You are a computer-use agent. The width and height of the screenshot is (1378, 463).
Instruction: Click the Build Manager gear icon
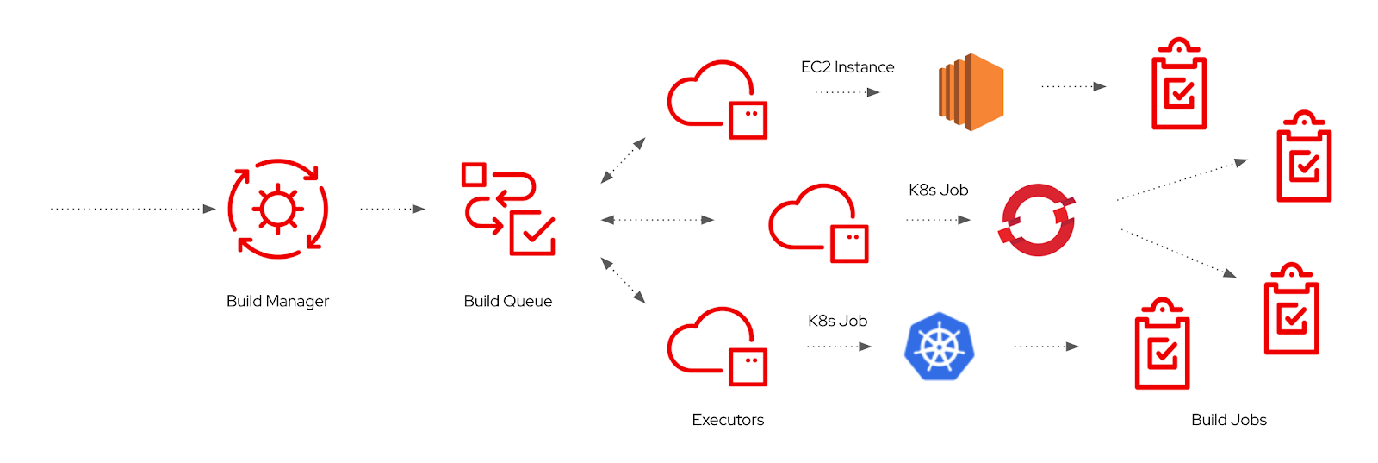point(277,209)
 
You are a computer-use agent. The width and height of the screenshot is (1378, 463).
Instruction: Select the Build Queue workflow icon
point(508,209)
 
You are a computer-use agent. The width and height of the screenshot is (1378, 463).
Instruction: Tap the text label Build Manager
point(277,301)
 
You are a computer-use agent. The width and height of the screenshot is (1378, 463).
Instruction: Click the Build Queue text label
point(507,301)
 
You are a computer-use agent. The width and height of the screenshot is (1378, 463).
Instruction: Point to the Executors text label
point(728,420)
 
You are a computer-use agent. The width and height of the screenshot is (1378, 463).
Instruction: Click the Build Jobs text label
point(1228,420)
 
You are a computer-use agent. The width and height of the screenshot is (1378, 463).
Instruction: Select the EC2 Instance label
point(847,67)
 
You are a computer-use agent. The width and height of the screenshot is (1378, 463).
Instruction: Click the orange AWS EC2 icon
point(971,91)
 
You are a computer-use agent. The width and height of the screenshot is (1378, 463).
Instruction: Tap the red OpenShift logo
point(1038,220)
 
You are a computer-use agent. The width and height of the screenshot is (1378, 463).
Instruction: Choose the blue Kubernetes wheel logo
point(939,347)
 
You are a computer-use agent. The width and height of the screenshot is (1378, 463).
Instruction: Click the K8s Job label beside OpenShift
point(938,190)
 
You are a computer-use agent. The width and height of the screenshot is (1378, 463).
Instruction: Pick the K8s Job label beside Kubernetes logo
point(837,321)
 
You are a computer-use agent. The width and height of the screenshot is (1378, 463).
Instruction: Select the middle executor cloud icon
point(818,222)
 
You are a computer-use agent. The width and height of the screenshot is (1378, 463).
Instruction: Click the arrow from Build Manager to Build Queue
point(393,209)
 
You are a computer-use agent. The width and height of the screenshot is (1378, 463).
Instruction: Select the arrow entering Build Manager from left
point(133,209)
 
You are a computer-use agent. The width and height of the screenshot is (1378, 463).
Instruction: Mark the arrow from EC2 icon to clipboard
point(1073,86)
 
